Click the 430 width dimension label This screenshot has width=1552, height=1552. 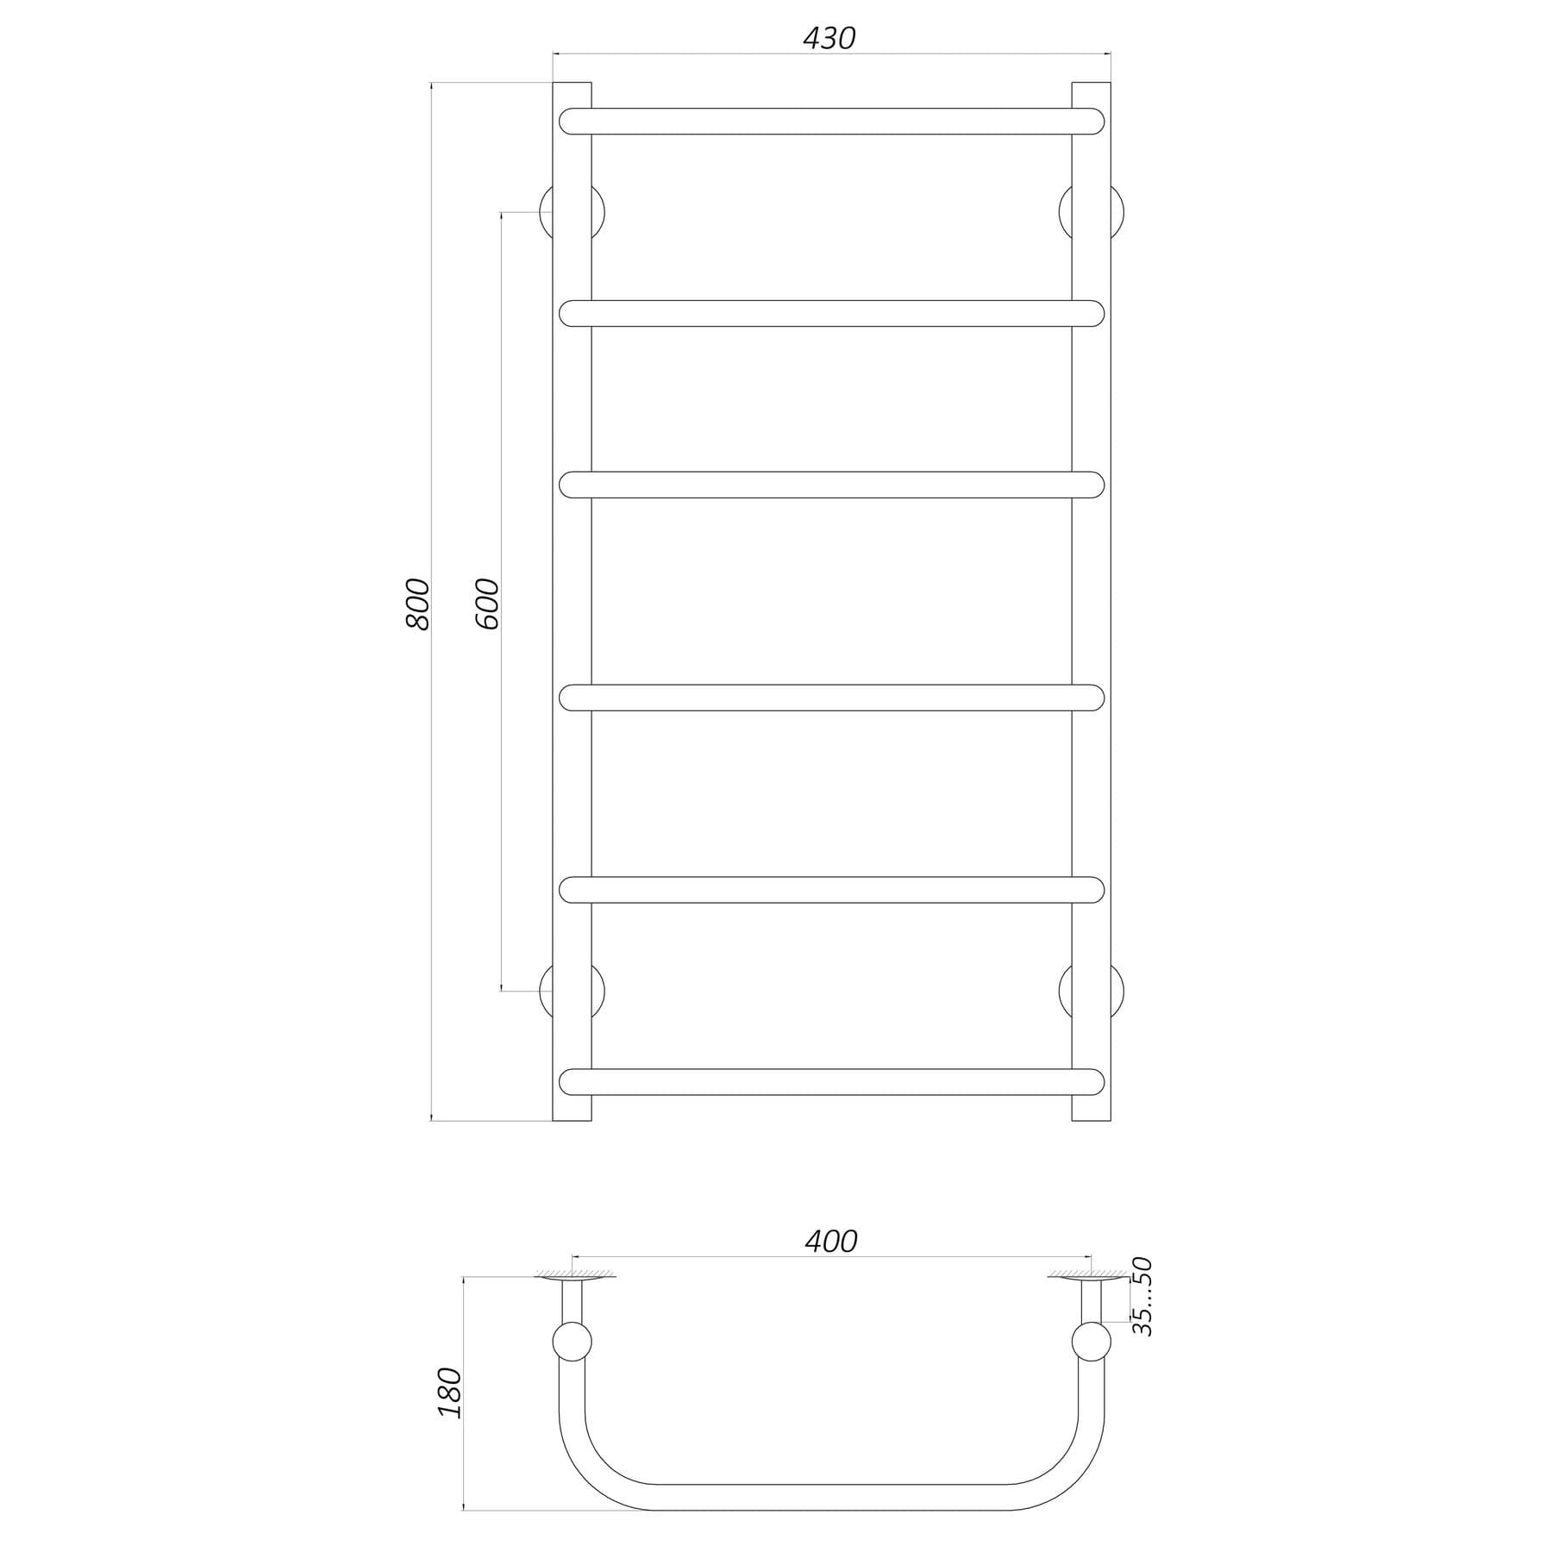point(829,38)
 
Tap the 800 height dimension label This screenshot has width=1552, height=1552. point(417,604)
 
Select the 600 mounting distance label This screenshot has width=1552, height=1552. point(487,604)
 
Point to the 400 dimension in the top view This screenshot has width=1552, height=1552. point(830,1241)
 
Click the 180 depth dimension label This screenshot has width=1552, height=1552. point(450,1392)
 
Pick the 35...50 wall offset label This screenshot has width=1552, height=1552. point(1142,1297)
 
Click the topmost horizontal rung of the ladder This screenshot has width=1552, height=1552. point(831,122)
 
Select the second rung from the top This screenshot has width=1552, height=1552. point(831,314)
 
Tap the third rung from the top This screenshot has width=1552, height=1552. point(831,485)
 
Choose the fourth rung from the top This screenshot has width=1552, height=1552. point(831,698)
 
